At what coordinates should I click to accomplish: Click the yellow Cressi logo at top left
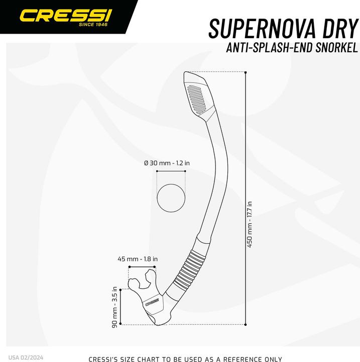66,16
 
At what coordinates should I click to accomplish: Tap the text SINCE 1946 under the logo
93,25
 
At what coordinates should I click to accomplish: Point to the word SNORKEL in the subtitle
336,48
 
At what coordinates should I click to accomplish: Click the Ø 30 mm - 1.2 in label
167,163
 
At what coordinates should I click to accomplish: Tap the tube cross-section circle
171,198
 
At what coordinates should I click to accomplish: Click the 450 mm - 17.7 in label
250,224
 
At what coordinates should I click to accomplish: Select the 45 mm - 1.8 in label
138,259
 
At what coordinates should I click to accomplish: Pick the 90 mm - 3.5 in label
114,307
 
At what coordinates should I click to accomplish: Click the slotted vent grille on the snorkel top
196,100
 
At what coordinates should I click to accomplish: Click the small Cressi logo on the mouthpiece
152,302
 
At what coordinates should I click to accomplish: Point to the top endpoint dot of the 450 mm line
246,72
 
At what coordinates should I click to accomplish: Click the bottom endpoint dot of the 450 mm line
246,324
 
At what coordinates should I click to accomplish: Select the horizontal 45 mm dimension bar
142,267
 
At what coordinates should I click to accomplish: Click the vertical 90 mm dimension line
121,307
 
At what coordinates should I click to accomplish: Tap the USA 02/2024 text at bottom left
26,358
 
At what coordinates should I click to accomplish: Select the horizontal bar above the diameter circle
171,171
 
